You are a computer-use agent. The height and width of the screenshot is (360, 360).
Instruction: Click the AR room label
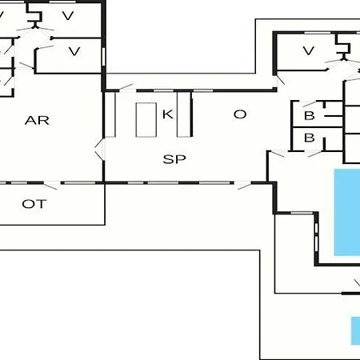(37, 121)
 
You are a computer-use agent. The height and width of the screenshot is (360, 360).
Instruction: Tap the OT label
(34, 204)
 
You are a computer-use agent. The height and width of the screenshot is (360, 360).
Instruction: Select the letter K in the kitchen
(168, 114)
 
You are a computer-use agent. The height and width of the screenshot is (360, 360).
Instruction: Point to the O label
(240, 114)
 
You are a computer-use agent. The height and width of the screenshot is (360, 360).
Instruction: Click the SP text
(174, 159)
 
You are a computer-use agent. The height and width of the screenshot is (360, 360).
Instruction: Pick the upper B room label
(310, 116)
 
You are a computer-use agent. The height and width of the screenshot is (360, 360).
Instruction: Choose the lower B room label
(310, 138)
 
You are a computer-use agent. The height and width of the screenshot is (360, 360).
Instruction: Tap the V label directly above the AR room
(74, 51)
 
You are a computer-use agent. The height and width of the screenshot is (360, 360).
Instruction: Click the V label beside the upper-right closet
(309, 50)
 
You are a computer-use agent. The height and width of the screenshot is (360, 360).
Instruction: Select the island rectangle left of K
(146, 120)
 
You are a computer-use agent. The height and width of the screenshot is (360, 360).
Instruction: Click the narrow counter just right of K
(184, 114)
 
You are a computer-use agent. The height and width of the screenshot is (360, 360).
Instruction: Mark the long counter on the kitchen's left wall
(110, 114)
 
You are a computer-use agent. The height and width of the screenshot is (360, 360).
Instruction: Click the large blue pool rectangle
(347, 212)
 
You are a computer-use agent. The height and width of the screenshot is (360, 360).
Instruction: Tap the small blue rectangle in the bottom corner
(355, 330)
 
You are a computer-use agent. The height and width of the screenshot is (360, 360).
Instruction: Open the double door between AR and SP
(99, 150)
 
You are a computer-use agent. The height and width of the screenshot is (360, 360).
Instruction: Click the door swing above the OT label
(50, 186)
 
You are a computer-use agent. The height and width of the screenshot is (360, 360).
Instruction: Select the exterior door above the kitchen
(126, 87)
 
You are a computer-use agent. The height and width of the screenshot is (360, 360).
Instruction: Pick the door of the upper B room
(310, 103)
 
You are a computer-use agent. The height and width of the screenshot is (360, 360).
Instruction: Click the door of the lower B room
(315, 154)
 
